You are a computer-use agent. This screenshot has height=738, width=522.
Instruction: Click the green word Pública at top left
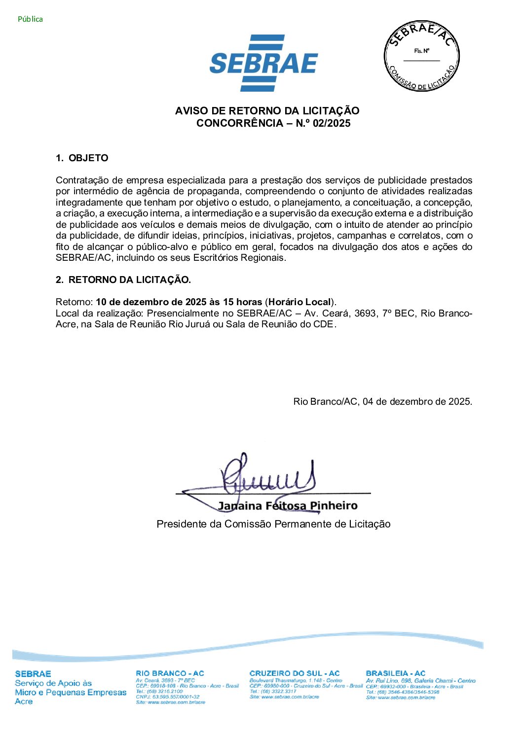[30, 19]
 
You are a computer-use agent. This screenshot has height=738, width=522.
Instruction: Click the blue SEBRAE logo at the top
[263, 63]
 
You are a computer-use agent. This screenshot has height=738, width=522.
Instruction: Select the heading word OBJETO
[88, 158]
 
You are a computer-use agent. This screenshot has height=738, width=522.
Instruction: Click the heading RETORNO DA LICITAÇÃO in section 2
[129, 280]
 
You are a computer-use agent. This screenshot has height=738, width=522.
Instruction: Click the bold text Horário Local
[299, 302]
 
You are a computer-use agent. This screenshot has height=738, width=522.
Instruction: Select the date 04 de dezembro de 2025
[417, 402]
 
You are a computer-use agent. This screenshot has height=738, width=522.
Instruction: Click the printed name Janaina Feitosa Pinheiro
[288, 506]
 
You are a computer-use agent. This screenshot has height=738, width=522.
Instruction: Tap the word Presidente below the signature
[181, 524]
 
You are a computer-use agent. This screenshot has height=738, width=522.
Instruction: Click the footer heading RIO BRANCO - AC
[170, 673]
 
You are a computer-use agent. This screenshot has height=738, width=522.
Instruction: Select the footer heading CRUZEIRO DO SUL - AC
[295, 673]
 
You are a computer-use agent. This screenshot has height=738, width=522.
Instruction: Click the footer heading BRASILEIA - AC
[396, 673]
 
